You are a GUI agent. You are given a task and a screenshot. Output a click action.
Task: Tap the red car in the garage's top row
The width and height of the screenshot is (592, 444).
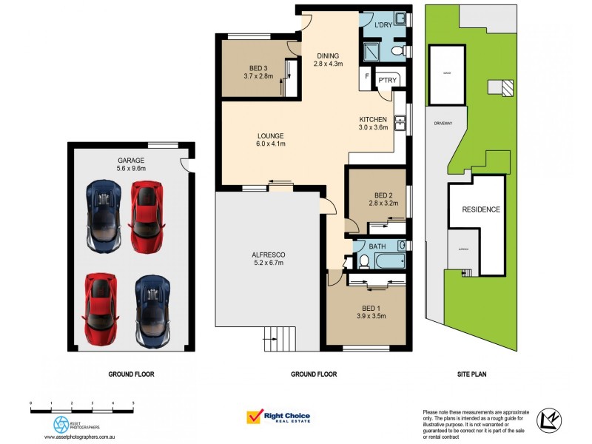pyautogui.click(x=145, y=217)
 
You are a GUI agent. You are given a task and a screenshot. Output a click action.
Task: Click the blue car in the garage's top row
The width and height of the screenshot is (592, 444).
pyautogui.click(x=102, y=216)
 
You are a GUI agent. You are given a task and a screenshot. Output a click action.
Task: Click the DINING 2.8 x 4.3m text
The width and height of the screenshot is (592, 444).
pyautogui.click(x=328, y=60)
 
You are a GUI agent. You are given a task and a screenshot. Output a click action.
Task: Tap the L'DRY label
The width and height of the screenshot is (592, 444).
pyautogui.click(x=383, y=26)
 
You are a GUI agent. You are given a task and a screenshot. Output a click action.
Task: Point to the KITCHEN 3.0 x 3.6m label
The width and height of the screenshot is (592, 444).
pyautogui.click(x=374, y=124)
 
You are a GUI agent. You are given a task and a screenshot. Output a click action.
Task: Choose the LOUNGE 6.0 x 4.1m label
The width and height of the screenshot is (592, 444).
pyautogui.click(x=271, y=140)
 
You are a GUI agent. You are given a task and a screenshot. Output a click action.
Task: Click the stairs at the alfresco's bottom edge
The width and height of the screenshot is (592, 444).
pyautogui.click(x=280, y=340)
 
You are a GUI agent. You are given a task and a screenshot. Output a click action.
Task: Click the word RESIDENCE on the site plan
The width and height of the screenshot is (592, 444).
pyautogui.click(x=481, y=209)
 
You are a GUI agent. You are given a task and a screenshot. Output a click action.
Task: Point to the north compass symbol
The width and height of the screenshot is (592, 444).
pyautogui.click(x=548, y=420)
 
